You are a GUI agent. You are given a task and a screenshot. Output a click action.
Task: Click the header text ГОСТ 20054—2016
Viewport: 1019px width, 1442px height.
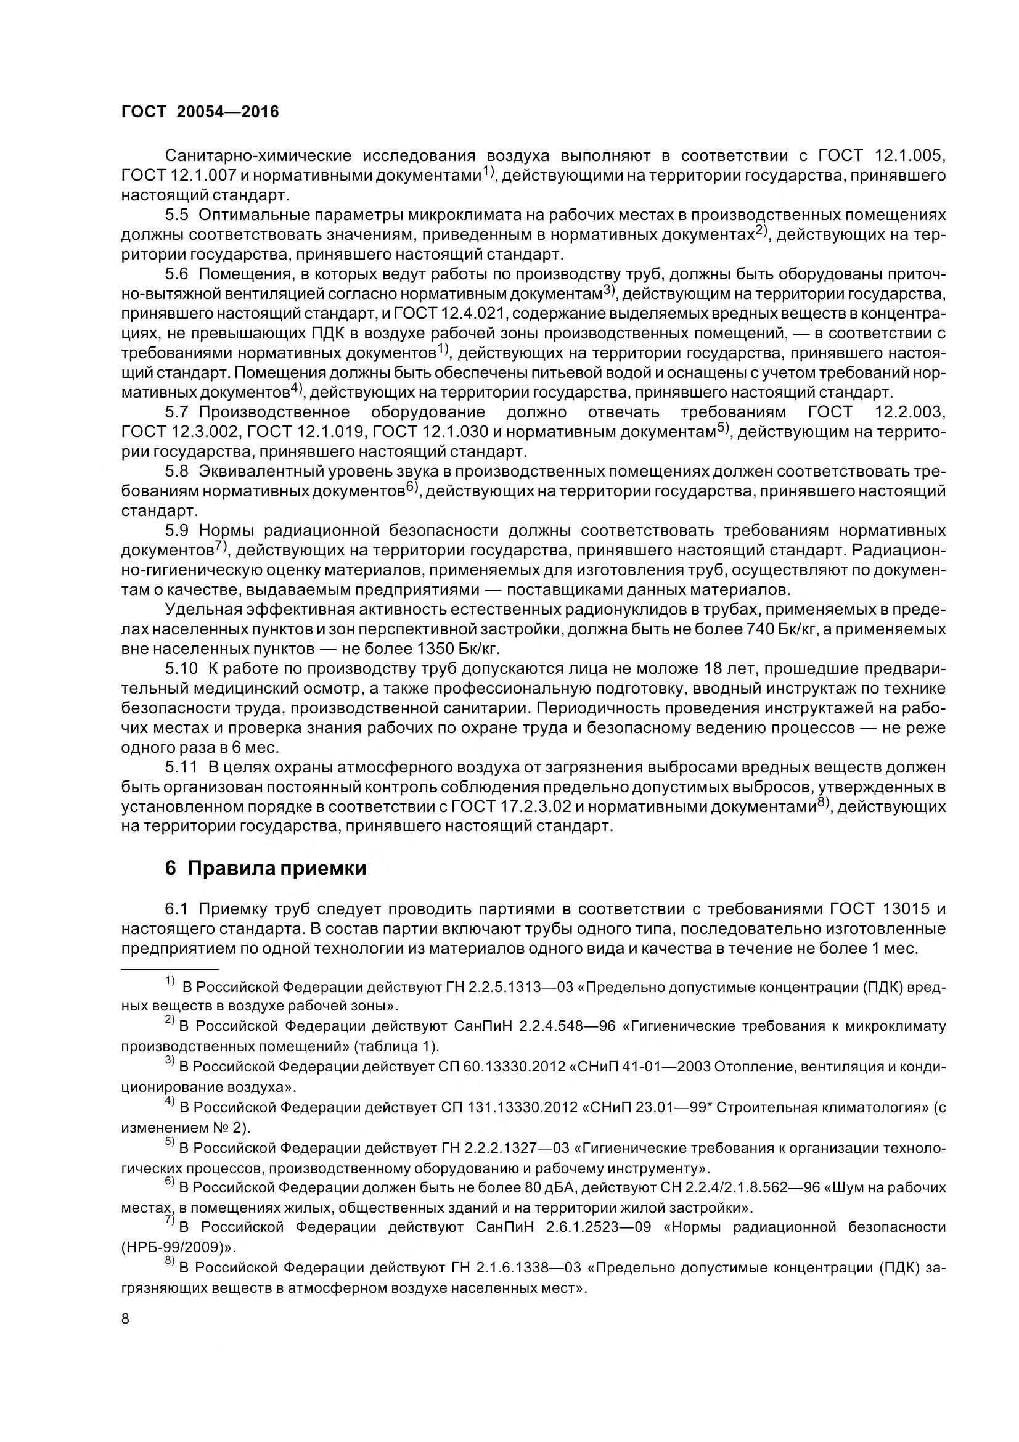click(200, 112)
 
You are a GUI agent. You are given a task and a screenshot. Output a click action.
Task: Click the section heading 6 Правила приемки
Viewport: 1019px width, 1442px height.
click(266, 868)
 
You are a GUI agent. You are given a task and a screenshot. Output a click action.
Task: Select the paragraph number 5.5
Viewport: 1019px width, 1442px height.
click(176, 215)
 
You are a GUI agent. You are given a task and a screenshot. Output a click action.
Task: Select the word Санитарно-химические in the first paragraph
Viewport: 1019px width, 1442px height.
click(253, 155)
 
